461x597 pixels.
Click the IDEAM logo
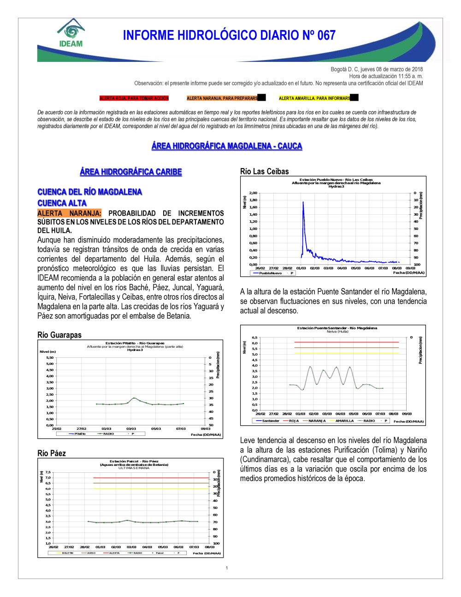pos(71,34)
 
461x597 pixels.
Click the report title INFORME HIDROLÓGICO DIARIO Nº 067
pos(229,36)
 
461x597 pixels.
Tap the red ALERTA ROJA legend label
pos(134,98)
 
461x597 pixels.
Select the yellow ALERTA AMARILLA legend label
pos(314,98)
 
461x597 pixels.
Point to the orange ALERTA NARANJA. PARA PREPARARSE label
pos(222,98)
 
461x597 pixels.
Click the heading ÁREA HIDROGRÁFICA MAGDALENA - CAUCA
pos(227,146)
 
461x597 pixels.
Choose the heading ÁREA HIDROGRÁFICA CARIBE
pos(131,172)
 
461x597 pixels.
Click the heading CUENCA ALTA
pos(62,203)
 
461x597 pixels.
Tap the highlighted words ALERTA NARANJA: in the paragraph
pos(69,213)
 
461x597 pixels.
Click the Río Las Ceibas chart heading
pos(265,171)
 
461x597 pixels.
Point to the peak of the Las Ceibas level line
pos(303,202)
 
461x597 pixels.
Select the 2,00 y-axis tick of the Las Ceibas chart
pos(253,193)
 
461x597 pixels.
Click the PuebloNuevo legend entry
pos(270,273)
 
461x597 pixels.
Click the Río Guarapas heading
pos(59,335)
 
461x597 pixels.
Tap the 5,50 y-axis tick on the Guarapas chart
pos(50,358)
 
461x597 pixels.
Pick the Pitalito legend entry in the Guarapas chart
pos(80,434)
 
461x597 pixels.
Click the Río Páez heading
pos(52,453)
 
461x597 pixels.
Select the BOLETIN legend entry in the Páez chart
pos(67,553)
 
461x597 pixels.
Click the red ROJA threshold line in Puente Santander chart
pos(346,342)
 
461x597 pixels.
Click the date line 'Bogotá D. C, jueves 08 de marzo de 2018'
pos(377,69)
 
